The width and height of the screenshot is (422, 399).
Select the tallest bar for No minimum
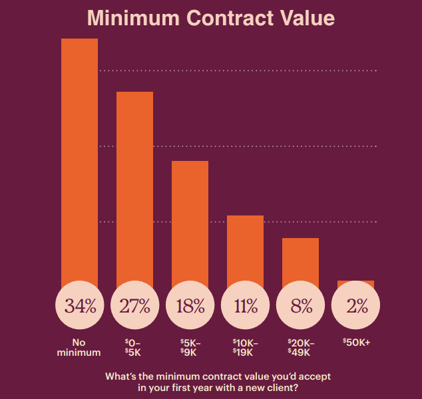coord(80,160)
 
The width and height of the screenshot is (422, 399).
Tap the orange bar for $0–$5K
coord(135,186)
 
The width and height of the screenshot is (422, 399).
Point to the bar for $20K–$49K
coord(301,259)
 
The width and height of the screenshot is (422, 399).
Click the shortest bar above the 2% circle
coord(356,283)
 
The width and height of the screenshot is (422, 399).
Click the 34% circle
coord(80,307)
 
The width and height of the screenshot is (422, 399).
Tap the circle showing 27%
coord(135,307)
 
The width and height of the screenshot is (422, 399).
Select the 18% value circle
coord(190,307)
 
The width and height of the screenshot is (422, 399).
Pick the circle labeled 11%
coord(246,307)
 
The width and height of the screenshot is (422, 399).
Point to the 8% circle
coord(301,307)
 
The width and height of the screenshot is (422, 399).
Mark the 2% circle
coord(356,307)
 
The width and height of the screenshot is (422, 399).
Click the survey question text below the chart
coord(218,382)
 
